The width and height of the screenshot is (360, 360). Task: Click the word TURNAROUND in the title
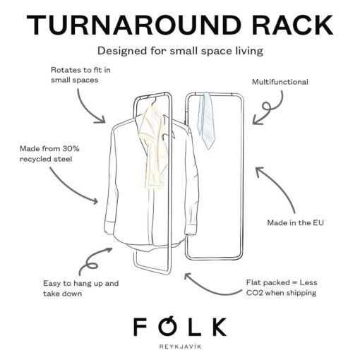[x=134, y=25]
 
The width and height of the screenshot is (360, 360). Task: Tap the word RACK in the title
[x=293, y=25]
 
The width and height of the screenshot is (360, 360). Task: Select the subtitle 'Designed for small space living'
[x=180, y=51]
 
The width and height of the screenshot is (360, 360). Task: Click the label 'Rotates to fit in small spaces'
[x=80, y=75]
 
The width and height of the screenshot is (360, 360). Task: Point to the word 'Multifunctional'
[x=280, y=82]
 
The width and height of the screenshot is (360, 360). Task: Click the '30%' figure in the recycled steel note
[x=71, y=148]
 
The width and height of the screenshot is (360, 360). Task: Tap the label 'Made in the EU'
[x=296, y=222]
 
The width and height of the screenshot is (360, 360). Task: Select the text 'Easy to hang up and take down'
[x=81, y=288]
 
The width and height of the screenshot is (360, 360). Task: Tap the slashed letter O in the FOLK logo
[x=168, y=326]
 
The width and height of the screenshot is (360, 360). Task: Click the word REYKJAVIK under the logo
[x=180, y=347]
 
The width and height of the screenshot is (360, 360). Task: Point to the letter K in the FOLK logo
[x=217, y=327]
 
